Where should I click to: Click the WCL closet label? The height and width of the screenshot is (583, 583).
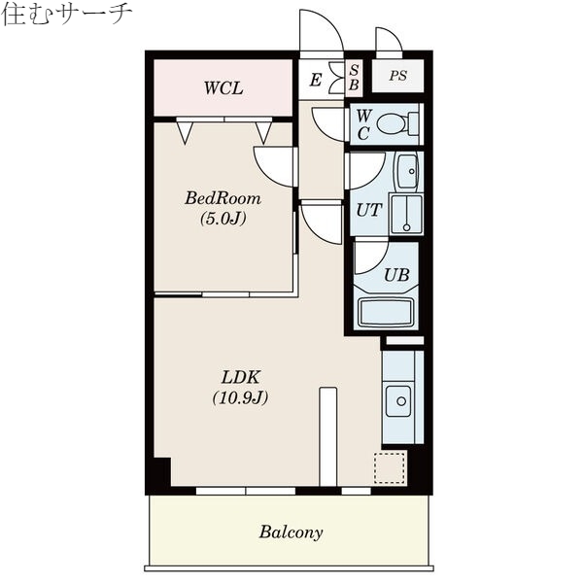click(223, 88)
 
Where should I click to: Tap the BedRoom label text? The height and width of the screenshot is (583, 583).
click(223, 198)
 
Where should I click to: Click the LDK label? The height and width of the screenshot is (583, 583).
click(239, 377)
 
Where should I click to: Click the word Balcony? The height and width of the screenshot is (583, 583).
click(291, 532)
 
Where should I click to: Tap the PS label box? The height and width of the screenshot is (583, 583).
click(398, 76)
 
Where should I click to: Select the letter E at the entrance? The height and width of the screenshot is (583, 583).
click(315, 81)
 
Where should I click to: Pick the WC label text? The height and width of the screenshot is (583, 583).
click(361, 125)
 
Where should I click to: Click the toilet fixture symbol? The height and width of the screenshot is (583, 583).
click(396, 124)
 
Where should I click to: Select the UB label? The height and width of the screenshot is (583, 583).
click(395, 275)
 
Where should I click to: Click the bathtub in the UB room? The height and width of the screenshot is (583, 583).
click(387, 313)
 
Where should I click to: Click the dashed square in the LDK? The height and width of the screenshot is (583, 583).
click(389, 466)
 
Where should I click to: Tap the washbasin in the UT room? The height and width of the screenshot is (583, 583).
click(408, 172)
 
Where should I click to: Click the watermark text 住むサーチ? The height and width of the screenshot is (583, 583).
click(65, 15)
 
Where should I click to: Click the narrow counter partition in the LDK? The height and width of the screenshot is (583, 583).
click(327, 435)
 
